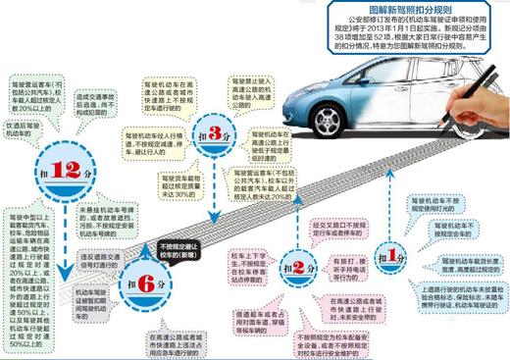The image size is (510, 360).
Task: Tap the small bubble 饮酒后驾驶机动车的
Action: (24, 131)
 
